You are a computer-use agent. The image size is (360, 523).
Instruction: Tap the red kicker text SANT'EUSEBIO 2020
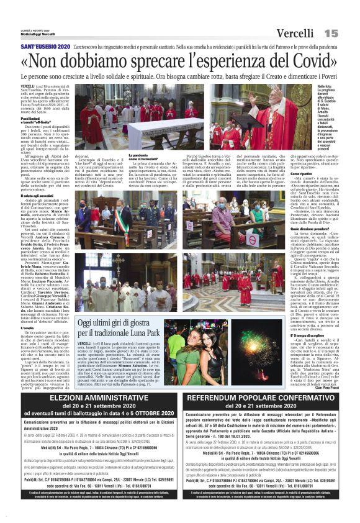(x=45, y=47)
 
